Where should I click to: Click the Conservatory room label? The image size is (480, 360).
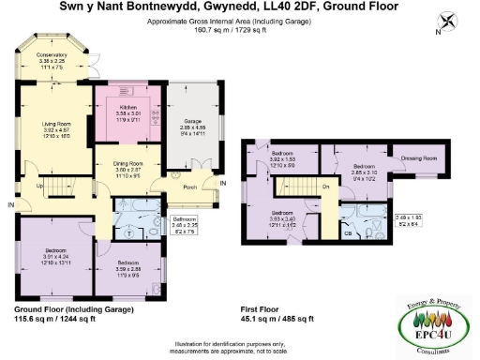52,56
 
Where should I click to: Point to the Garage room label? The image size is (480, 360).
192,125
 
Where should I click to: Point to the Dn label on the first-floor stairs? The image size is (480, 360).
324,188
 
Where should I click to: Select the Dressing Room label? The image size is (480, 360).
417,158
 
